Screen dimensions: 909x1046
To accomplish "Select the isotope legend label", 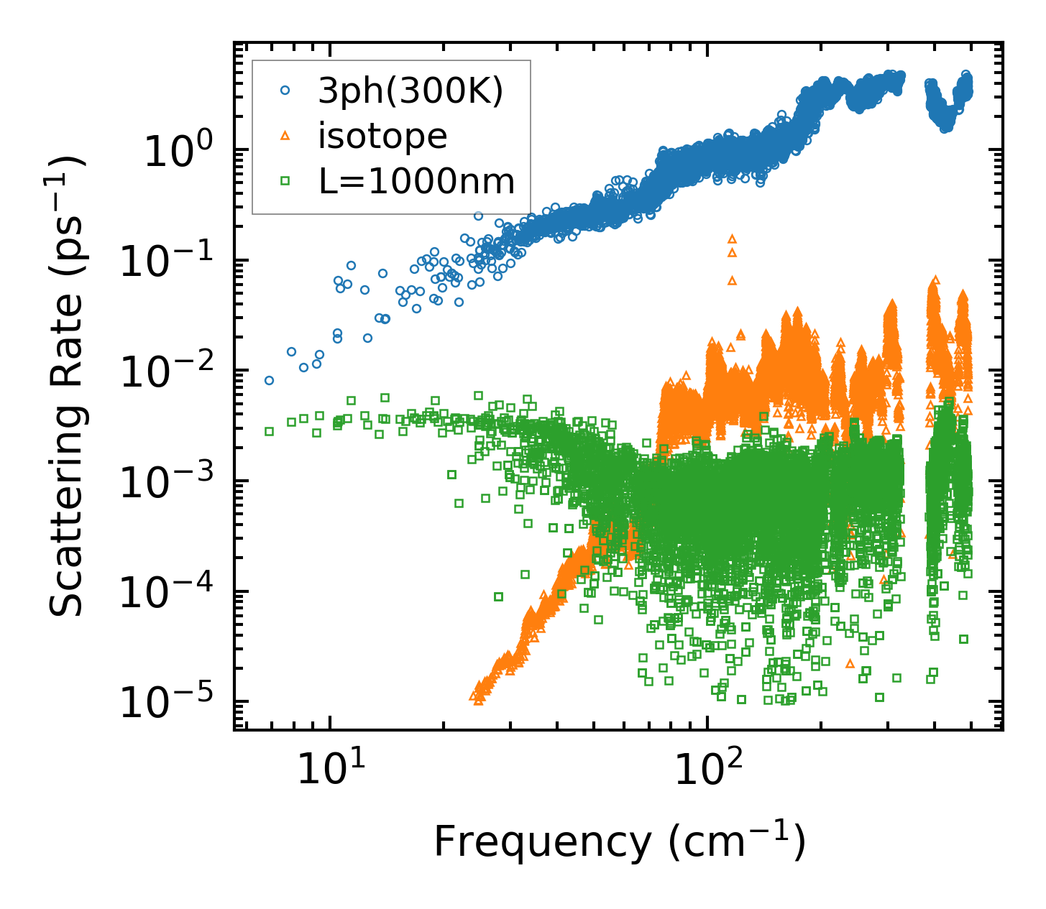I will pos(382,136).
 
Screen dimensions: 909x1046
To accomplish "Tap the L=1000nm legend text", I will pos(417,181).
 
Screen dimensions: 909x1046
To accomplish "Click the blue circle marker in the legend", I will pos(285,91).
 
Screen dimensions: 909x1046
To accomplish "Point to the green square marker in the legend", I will pos(285,181).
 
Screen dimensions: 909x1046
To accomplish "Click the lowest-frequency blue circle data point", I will pos(269,380).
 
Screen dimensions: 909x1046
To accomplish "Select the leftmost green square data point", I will pos(269,431).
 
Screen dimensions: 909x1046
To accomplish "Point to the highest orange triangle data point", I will pos(732,238).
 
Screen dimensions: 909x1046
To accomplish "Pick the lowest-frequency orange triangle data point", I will pos(473,696).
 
